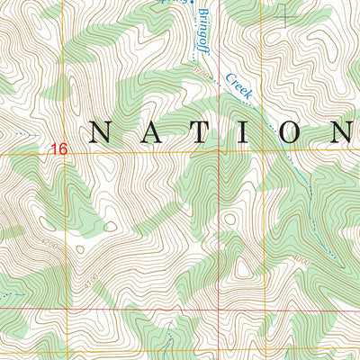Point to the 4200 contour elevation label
(49, 244)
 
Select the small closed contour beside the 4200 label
(80, 250)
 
